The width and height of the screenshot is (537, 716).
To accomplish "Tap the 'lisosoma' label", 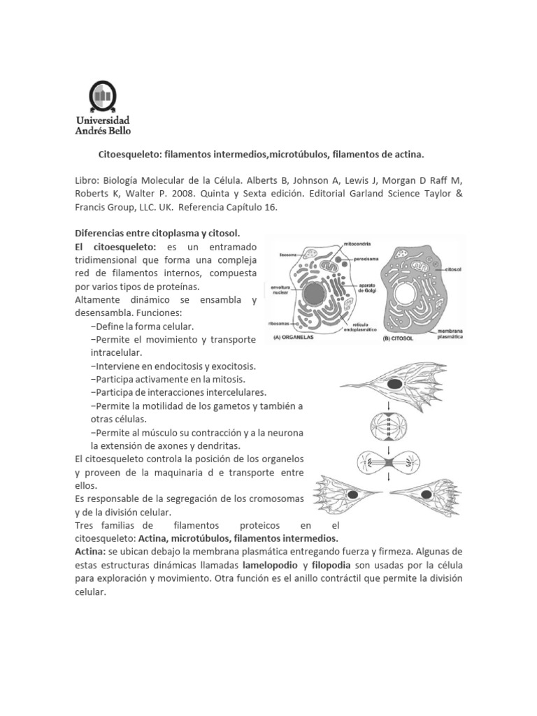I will click(x=289, y=254).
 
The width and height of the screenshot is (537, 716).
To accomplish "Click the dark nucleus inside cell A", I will click(x=313, y=292).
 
